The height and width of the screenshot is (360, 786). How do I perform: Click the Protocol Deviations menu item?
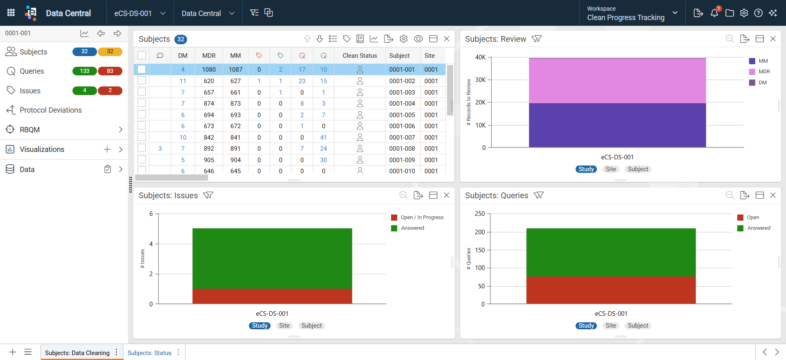[x=50, y=110]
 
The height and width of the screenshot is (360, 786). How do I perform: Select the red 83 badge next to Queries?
[x=110, y=71]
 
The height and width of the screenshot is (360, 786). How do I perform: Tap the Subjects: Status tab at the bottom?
[x=149, y=353]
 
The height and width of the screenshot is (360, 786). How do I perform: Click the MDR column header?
[x=209, y=56]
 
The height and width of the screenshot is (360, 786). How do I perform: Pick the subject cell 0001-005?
[x=402, y=115]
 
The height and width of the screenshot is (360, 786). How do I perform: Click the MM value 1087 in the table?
[x=235, y=70]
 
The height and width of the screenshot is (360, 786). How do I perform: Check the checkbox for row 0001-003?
[x=142, y=92]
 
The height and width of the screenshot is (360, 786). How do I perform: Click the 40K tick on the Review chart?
[x=480, y=57]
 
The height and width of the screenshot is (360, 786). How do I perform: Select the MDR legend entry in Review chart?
[x=760, y=72]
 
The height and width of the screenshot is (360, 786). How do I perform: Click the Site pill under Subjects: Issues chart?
[x=284, y=326]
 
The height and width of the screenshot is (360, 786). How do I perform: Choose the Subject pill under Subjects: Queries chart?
[x=638, y=326]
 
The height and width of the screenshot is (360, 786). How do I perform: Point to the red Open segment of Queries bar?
[x=611, y=290]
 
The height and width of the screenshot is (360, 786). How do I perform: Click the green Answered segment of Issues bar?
[x=272, y=258]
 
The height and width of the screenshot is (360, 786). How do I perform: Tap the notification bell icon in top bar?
[x=714, y=13]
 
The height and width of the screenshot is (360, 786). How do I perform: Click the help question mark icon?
[x=758, y=13]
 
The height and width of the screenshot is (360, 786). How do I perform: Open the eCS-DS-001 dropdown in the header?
[x=140, y=13]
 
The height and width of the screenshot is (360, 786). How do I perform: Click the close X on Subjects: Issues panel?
[x=447, y=195]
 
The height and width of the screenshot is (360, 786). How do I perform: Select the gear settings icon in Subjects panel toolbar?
[x=404, y=38]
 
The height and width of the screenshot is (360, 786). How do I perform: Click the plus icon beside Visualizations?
[x=107, y=149]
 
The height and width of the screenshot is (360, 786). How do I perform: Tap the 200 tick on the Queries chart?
[x=480, y=232]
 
